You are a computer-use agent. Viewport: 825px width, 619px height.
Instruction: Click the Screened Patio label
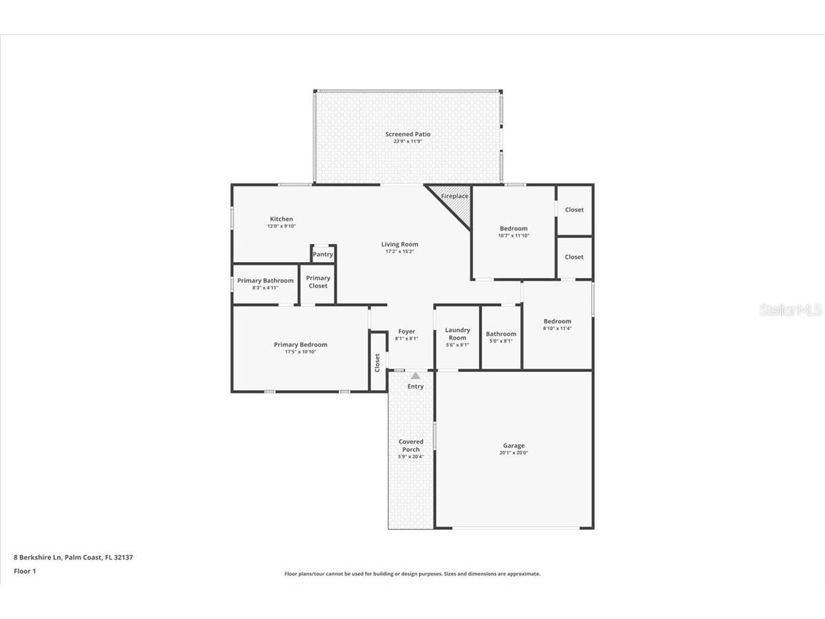[408, 134]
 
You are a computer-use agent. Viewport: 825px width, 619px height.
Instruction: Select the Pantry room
[323, 254]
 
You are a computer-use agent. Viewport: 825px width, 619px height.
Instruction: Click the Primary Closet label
[318, 282]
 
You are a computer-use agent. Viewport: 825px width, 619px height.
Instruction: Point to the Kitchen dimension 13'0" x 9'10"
[281, 226]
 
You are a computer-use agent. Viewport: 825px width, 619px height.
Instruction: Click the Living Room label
[399, 244]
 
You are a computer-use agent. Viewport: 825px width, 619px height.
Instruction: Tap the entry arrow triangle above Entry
[415, 376]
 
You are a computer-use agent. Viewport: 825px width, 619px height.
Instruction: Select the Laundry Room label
[457, 334]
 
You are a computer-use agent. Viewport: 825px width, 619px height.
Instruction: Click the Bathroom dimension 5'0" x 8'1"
[500, 341]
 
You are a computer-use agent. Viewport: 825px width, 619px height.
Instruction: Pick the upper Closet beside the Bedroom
[574, 210]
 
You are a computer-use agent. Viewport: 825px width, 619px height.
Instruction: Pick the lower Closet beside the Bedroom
[574, 257]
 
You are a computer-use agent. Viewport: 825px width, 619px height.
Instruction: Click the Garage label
[514, 446]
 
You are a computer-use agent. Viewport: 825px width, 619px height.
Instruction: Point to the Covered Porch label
[411, 446]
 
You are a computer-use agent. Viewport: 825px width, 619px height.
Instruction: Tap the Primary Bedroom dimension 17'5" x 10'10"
[300, 351]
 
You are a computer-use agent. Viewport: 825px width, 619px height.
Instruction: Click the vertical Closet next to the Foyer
[377, 362]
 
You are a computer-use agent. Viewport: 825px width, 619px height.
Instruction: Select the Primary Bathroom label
[265, 281]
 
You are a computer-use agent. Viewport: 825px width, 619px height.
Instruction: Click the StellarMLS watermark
[790, 311]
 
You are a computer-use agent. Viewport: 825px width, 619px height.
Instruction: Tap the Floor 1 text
[25, 571]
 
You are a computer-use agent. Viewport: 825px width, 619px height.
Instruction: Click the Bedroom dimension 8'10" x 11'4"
[557, 329]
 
